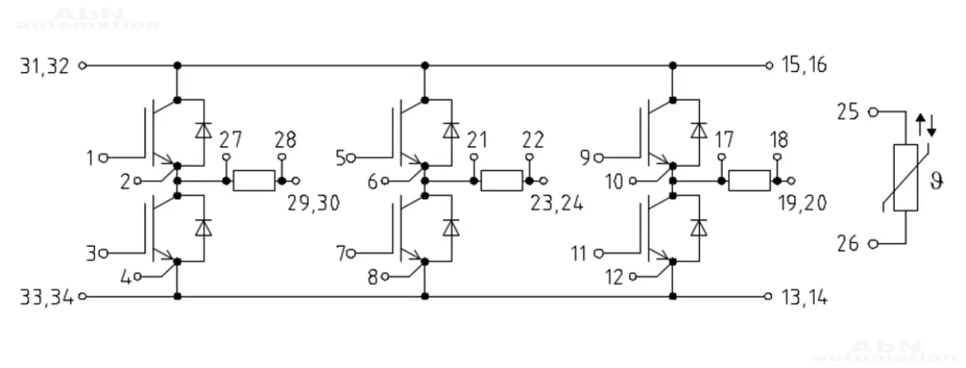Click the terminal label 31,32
[45, 66]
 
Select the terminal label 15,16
[802, 66]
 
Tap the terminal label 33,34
[45, 298]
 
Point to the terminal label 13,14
[802, 298]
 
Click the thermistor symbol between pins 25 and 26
[906, 178]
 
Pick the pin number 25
[849, 112]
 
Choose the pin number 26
[849, 244]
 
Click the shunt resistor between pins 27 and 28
[255, 180]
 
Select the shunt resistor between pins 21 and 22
[501, 180]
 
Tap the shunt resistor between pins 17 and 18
[749, 180]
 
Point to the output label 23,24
[557, 203]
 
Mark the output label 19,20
[803, 203]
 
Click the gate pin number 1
[93, 157]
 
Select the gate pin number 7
[340, 254]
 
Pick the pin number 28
[285, 140]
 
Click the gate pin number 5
[340, 157]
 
